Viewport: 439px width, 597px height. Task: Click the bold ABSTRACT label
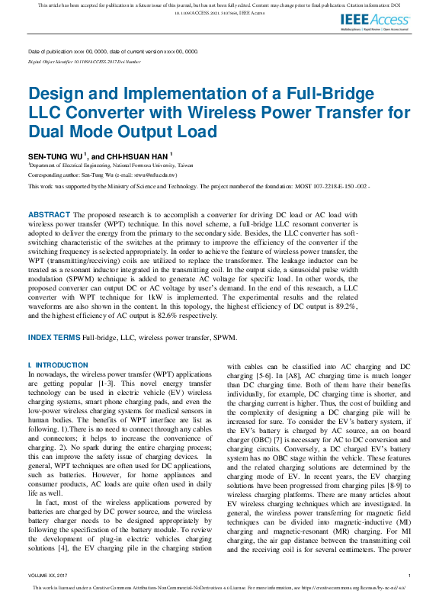click(50, 215)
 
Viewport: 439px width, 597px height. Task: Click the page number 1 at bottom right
click(409, 575)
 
